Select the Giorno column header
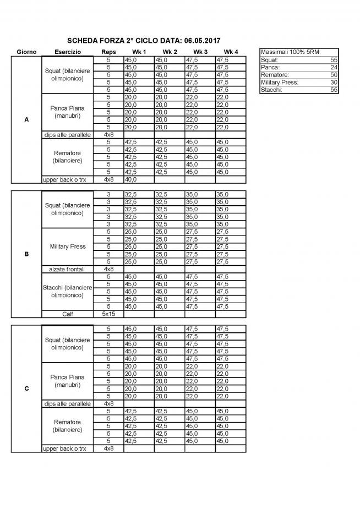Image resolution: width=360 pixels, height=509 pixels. pos(26,52)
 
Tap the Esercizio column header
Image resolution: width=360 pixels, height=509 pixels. pos(68,52)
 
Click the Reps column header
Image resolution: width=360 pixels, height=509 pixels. pos(108,52)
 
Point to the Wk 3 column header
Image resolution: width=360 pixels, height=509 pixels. pos(200,52)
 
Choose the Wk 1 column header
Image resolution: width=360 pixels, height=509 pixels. pos(139,52)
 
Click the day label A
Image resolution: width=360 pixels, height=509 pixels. pos(26,119)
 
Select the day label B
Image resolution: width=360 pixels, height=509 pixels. pos(26,255)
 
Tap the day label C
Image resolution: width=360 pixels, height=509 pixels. pos(26,388)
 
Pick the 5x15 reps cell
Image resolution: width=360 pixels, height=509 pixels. pos(108,314)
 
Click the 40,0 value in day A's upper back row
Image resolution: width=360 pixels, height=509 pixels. pos(131,179)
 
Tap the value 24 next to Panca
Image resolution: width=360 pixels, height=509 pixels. pos(334,67)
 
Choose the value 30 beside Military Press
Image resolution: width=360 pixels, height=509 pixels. pos(334,82)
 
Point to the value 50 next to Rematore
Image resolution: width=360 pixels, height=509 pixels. pos(334,74)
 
